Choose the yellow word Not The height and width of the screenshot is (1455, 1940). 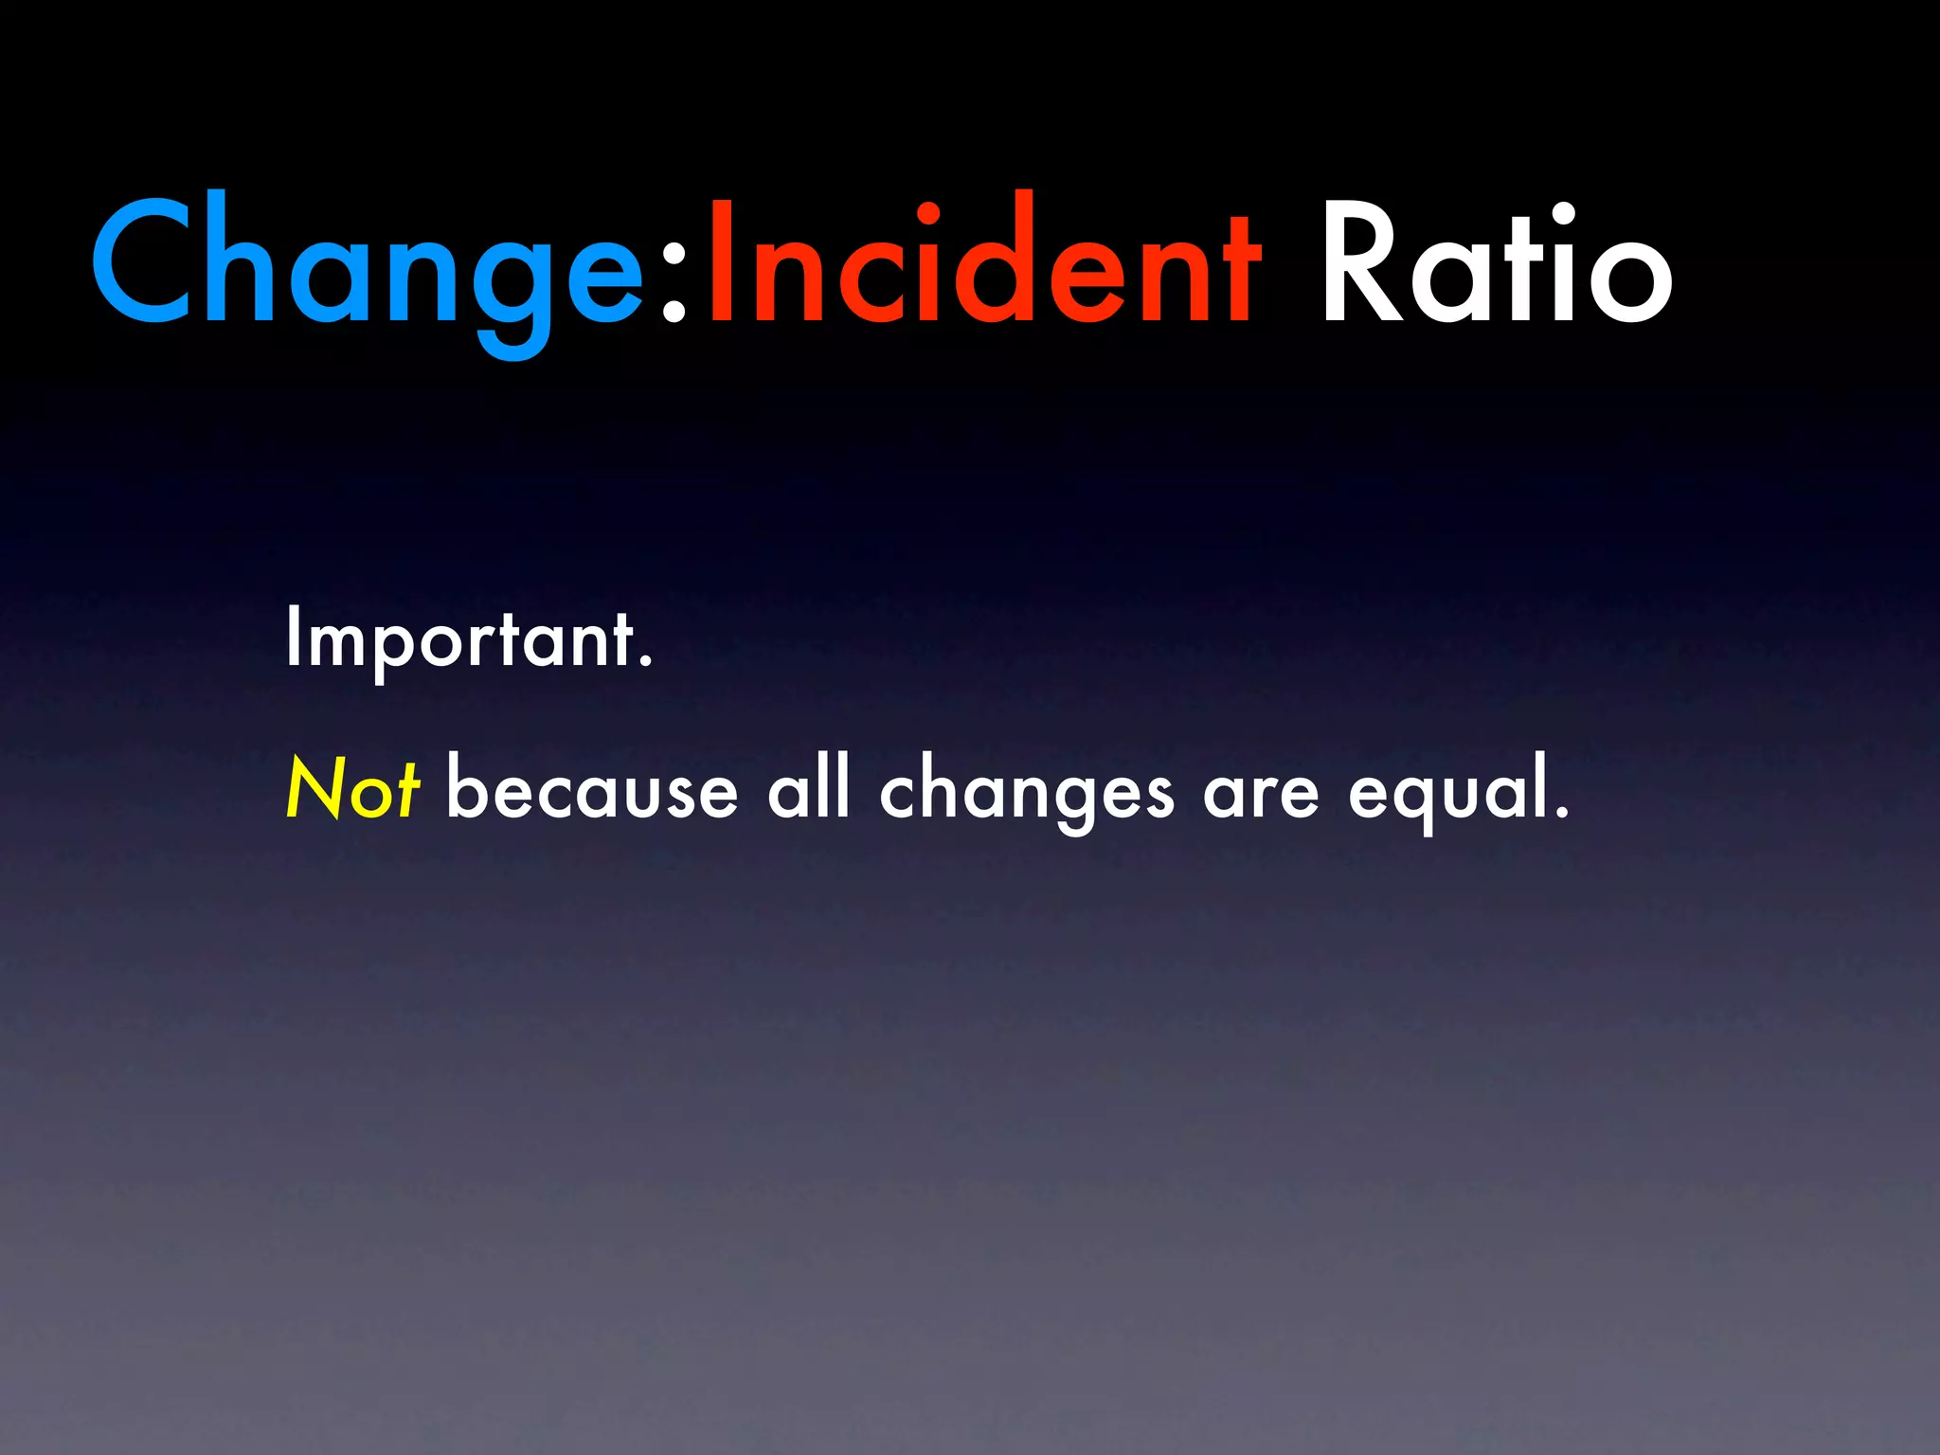352,788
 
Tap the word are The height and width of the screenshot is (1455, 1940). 1261,794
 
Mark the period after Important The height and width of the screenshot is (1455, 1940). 646,664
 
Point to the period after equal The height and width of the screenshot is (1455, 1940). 1561,813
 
